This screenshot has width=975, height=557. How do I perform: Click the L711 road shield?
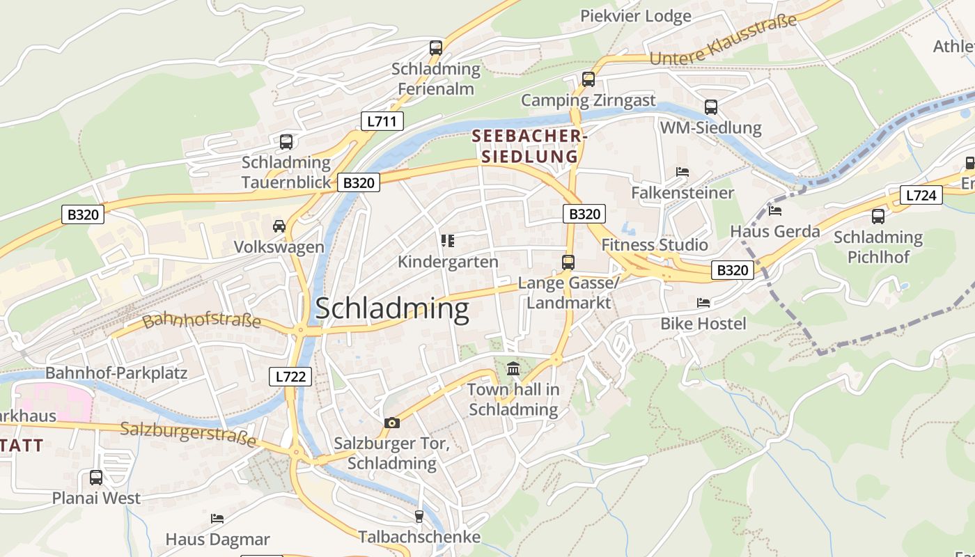(x=382, y=121)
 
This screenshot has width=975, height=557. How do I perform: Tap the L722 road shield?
(x=290, y=377)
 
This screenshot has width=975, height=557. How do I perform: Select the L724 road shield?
(x=921, y=195)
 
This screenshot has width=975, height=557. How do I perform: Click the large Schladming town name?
(x=393, y=309)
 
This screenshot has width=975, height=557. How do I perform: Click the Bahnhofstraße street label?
(x=201, y=322)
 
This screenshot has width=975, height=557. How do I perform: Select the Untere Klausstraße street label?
(x=723, y=42)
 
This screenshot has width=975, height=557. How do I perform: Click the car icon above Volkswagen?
(x=279, y=226)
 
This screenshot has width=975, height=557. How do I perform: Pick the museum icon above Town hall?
(x=513, y=368)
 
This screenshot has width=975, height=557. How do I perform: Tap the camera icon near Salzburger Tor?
(x=392, y=423)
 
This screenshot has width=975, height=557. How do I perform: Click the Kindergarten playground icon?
(x=448, y=241)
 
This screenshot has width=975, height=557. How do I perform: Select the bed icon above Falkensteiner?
(x=682, y=171)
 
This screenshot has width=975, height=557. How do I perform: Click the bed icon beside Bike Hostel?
(x=703, y=303)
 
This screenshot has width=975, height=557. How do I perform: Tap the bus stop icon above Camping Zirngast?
(x=588, y=79)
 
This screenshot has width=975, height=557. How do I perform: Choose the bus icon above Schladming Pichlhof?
(x=878, y=217)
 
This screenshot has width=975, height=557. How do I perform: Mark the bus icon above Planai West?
(x=96, y=478)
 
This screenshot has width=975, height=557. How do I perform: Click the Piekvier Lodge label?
(x=636, y=16)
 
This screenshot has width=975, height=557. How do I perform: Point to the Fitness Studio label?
(x=655, y=245)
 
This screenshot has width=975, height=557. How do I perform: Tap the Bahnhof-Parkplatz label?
(x=116, y=372)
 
